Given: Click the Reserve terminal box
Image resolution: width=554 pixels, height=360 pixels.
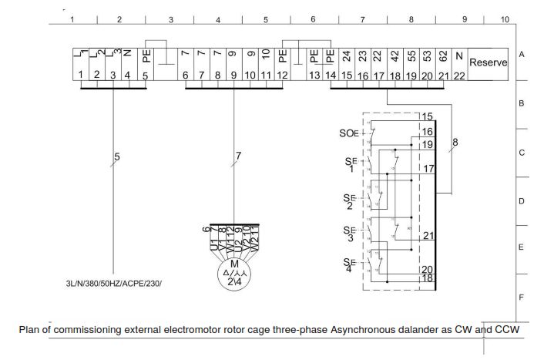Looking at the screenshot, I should (488, 62).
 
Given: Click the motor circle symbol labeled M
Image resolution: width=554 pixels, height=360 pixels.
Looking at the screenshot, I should (234, 275).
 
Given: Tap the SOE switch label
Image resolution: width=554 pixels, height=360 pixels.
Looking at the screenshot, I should (349, 133).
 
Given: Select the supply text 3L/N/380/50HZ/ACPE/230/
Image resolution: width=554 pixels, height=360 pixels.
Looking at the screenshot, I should (114, 283).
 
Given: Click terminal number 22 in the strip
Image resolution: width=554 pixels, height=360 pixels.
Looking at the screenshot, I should (458, 75).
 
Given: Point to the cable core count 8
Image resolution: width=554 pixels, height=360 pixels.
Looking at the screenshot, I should (455, 142).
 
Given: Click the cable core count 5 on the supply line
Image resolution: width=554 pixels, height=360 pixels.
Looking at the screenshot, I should (117, 157).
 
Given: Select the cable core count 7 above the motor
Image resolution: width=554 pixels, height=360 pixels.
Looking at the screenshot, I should (238, 156).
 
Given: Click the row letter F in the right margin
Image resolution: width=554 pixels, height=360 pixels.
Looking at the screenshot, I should (522, 297).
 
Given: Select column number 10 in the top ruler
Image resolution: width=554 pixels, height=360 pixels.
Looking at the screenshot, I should (505, 19).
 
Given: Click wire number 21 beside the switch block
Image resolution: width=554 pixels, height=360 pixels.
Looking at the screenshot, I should (428, 236).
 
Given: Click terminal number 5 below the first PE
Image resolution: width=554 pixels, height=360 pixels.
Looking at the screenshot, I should (145, 75).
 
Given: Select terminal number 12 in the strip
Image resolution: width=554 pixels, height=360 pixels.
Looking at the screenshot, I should (283, 75).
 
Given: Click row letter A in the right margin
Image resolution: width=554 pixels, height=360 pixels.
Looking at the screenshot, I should (522, 56).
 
